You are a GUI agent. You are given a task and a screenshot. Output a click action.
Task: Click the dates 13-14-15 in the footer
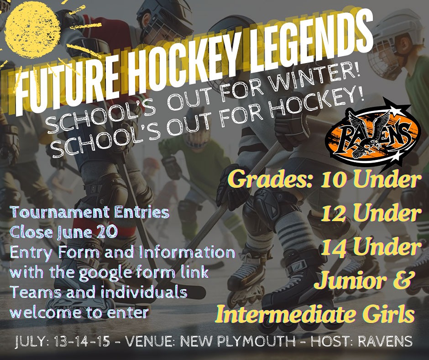tap(82, 341)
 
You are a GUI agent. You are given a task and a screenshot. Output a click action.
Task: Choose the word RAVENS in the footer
tap(385, 341)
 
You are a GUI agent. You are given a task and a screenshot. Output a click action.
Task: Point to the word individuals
tap(144, 292)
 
